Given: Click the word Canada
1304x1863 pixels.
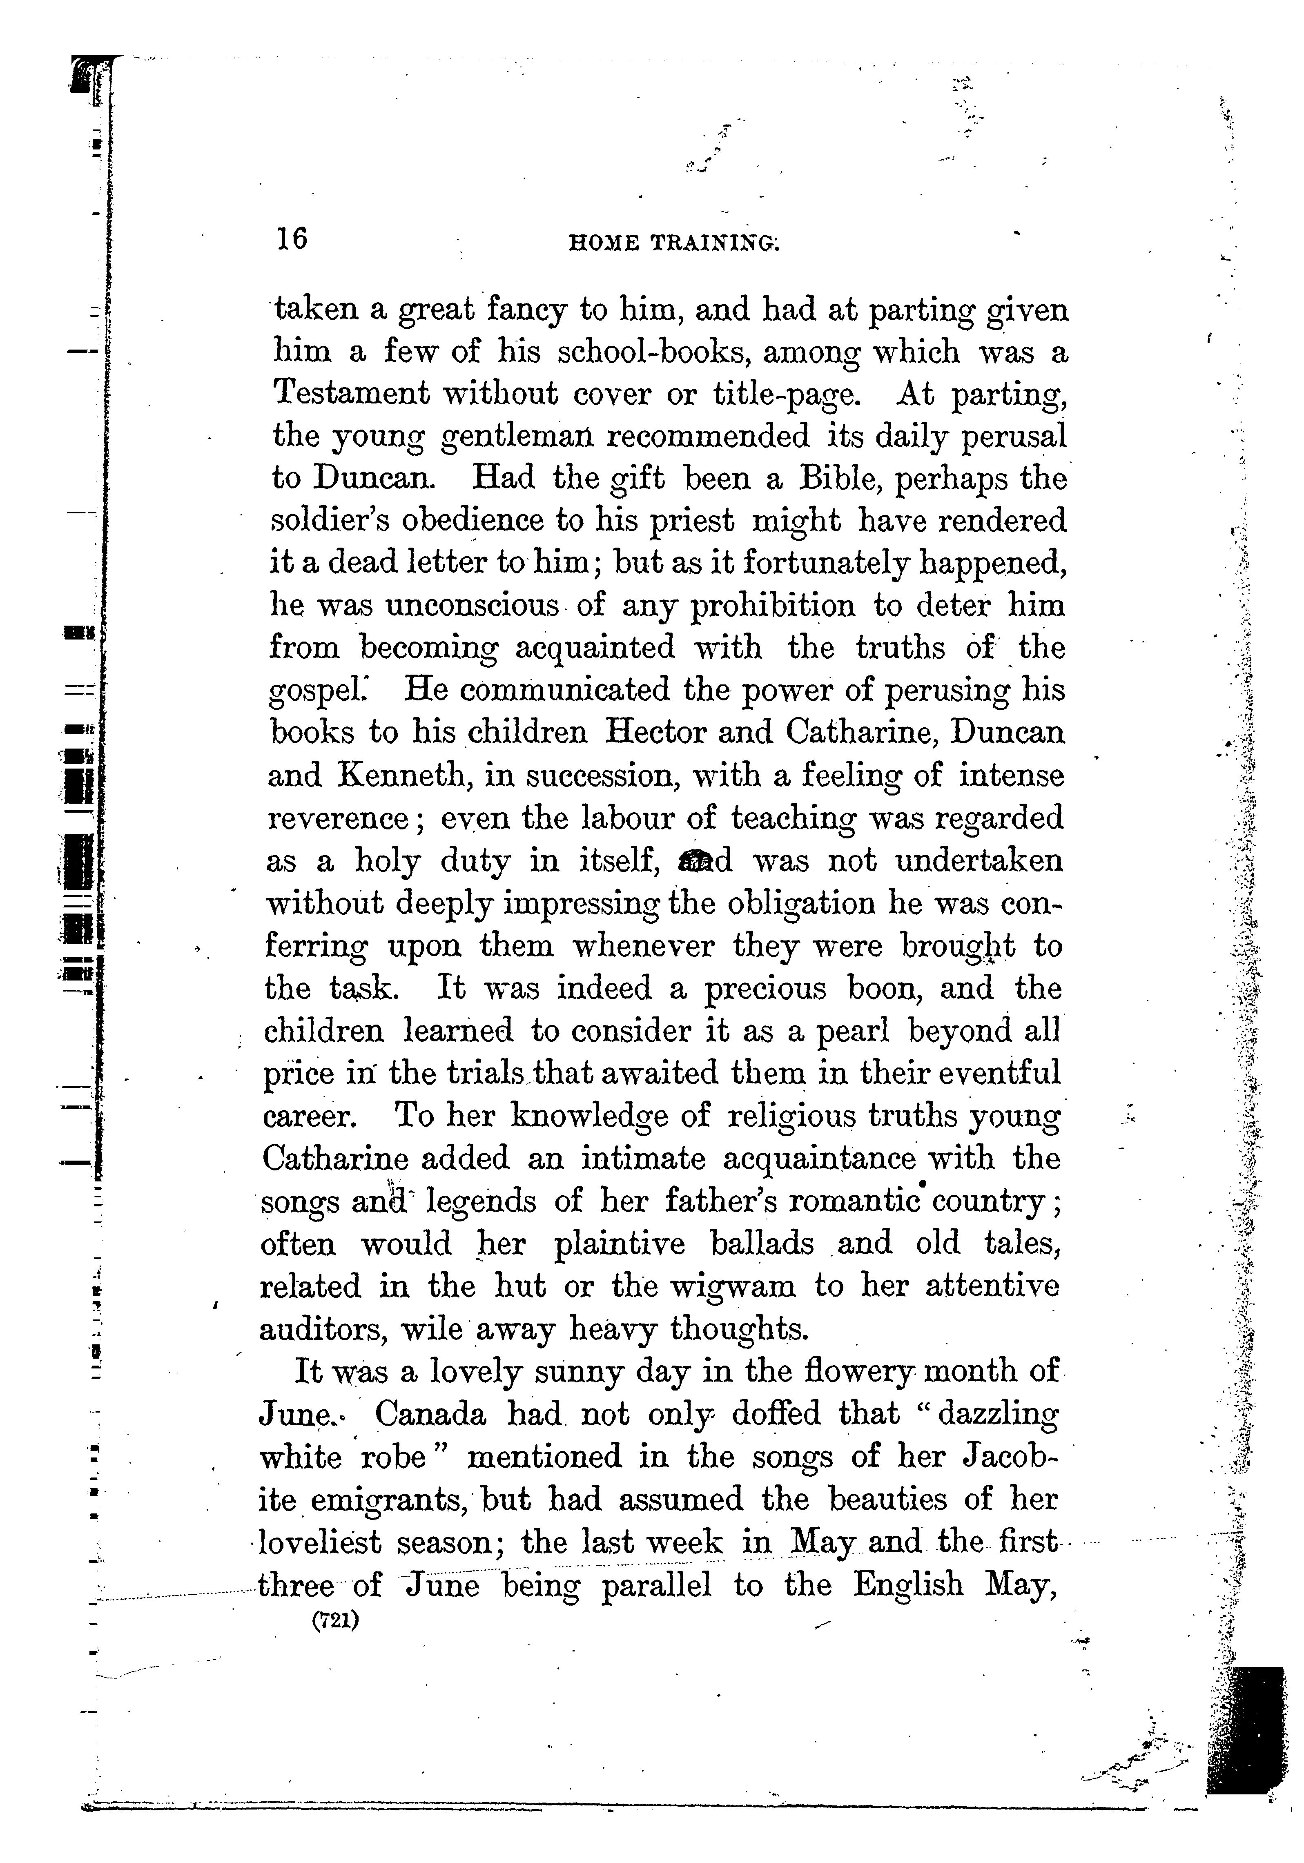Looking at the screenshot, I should [431, 1414].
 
